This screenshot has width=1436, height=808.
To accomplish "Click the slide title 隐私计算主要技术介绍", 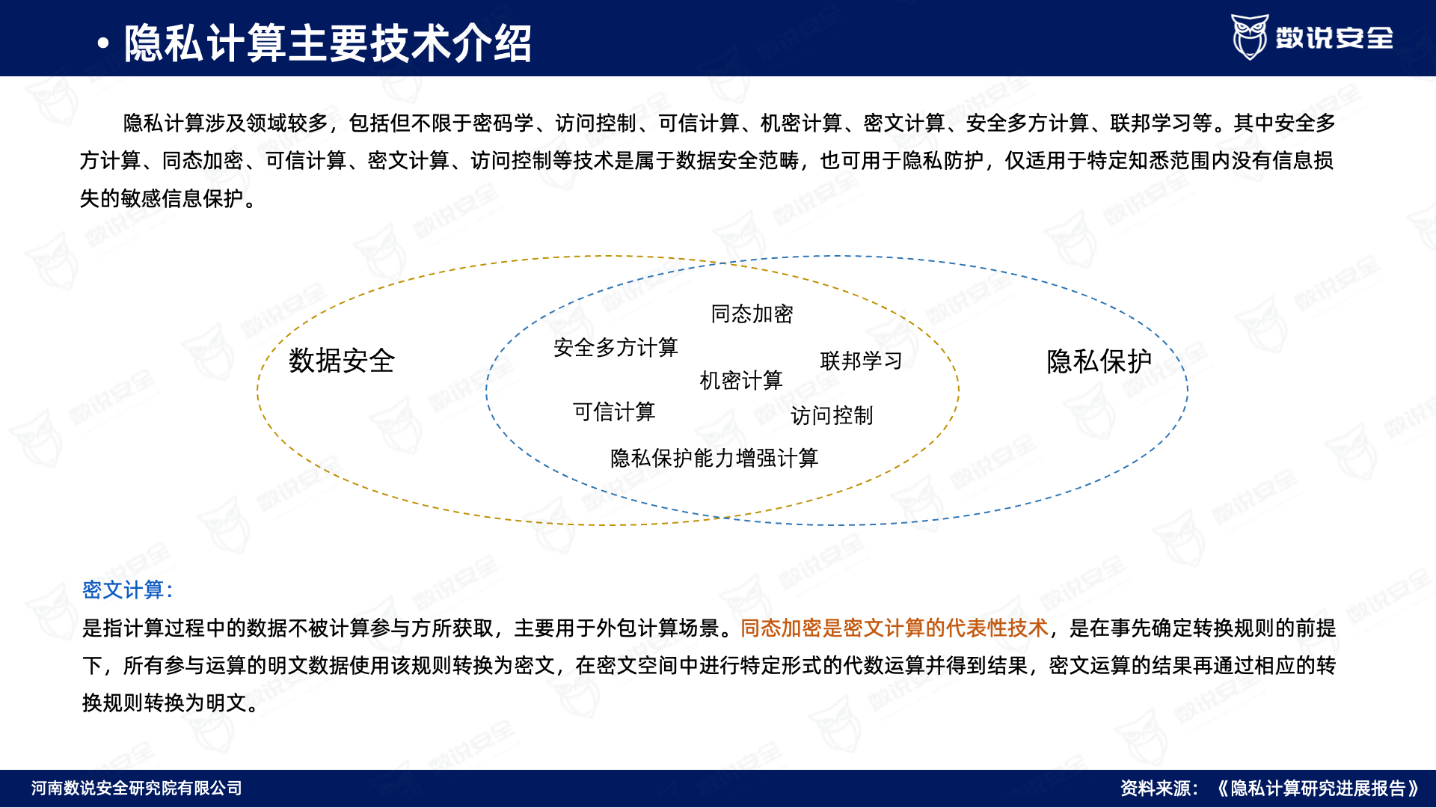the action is tap(328, 43).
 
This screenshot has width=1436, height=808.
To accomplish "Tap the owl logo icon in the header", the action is tap(1250, 37).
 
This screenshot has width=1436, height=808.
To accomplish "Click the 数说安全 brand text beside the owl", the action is tap(1334, 37).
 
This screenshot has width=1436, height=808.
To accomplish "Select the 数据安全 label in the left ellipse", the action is tap(342, 361).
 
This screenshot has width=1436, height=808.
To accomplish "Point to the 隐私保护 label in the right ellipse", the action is tap(1099, 361).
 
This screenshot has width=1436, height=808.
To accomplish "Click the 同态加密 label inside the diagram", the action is tap(752, 314).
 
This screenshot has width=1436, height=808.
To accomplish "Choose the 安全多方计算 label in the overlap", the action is tap(616, 348).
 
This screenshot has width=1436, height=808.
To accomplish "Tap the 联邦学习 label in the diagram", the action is tap(861, 361).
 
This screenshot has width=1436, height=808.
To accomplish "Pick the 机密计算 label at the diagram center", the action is tap(740, 381).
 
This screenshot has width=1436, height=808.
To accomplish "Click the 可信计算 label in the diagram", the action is tap(614, 412).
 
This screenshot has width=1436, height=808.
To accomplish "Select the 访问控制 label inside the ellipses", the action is tap(832, 416).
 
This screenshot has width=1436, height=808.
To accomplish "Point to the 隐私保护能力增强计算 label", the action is tap(714, 459).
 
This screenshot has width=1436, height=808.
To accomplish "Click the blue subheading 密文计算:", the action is tap(128, 590).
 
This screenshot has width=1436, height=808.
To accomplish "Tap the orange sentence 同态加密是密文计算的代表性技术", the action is tap(895, 628).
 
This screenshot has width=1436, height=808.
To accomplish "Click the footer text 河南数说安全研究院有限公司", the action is tap(137, 789).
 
